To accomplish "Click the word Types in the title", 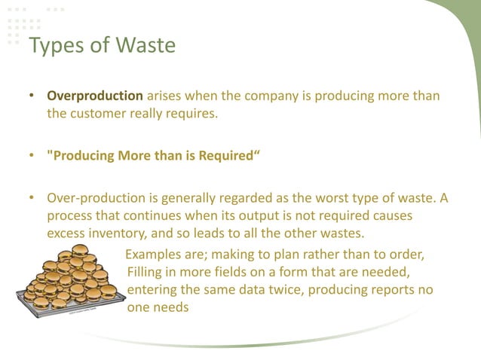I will [x=54, y=46].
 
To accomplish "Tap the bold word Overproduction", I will [x=95, y=96].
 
